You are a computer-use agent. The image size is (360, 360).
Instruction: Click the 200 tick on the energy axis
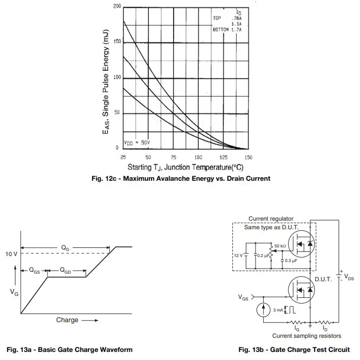117,6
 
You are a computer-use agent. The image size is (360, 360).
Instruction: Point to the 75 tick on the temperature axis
173,158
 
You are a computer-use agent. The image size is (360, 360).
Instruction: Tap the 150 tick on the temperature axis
248,158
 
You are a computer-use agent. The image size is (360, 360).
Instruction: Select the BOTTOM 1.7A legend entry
227,30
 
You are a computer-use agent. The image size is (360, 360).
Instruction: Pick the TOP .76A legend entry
227,18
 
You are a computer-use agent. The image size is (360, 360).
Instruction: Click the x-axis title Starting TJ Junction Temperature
185,167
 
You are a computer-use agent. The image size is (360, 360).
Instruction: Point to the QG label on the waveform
66,248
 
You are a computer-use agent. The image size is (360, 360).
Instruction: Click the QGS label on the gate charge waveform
34,271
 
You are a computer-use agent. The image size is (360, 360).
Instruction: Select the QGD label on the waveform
66,271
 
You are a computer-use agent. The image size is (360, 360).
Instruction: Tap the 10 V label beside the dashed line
12,254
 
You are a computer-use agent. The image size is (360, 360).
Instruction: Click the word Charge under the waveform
67,320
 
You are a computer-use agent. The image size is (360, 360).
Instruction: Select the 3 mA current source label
278,310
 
